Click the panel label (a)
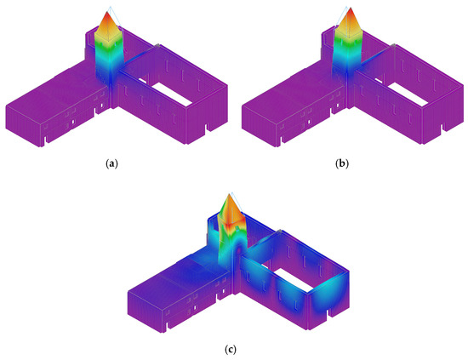tap(112, 163)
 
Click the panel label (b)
tap(342, 163)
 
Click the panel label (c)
tap(231, 350)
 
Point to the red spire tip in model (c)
tap(230, 196)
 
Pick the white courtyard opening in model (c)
tap(293, 279)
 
